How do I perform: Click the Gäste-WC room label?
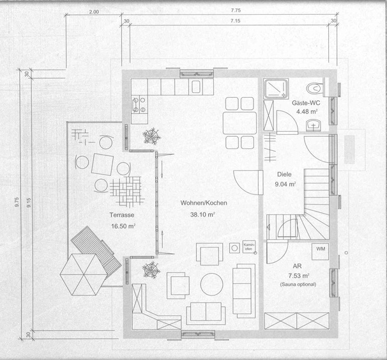tap(306, 103)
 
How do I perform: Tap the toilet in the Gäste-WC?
tap(314, 88)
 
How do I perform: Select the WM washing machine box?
tap(321, 251)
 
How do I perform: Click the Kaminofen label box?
tap(249, 247)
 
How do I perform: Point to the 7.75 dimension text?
tap(236, 10)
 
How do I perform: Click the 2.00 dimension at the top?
tap(94, 12)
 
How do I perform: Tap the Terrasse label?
tap(122, 215)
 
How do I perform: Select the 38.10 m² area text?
tap(202, 214)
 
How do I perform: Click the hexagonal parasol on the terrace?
tap(84, 274)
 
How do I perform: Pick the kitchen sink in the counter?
tap(196, 87)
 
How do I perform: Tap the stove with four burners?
tap(139, 104)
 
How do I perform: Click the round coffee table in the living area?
tap(212, 284)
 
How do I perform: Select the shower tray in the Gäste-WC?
tap(276, 89)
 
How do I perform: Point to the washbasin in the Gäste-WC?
tap(314, 125)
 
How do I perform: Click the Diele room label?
tap(284, 174)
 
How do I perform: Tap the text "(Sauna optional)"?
tap(298, 285)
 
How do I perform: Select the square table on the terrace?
tap(102, 164)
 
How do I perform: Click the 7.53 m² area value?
tap(299, 276)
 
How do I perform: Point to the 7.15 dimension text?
tap(236, 20)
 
